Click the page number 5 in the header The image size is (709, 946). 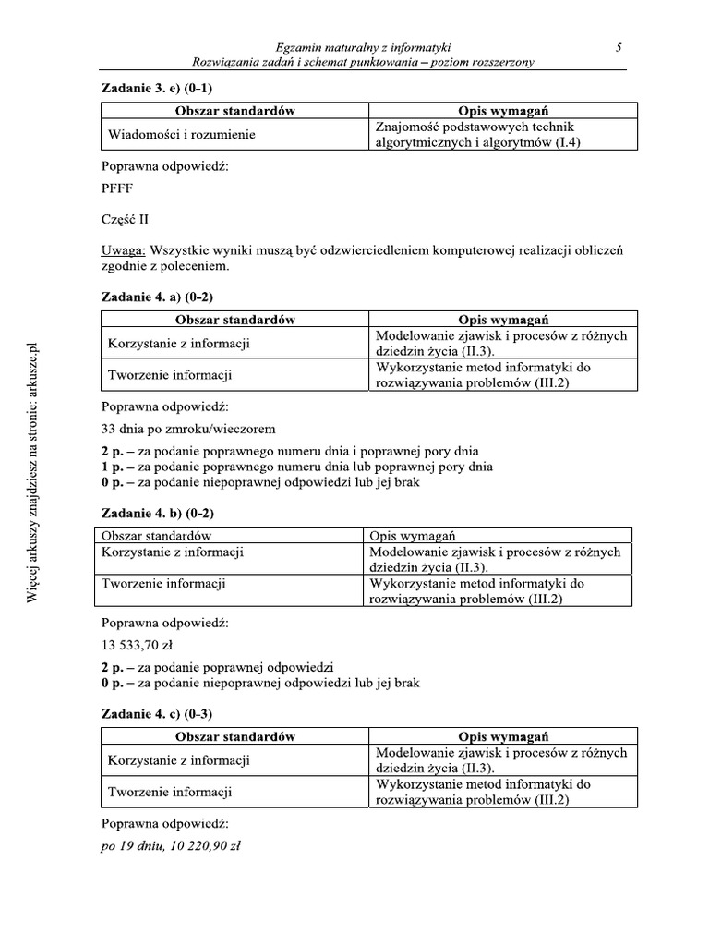pos(619,46)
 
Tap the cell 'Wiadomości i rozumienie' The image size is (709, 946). pos(181,135)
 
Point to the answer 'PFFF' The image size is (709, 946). pos(117,188)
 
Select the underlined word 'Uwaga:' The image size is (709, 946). pos(123,250)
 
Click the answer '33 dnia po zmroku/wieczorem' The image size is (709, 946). pos(187,429)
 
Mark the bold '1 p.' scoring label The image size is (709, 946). pos(112,467)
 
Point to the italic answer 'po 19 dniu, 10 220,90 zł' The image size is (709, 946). pos(171,845)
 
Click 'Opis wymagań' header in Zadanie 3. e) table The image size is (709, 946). pos(503,111)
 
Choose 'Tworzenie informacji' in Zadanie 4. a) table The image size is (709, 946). pos(170,375)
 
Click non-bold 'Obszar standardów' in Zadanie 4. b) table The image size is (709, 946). pos(157,535)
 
